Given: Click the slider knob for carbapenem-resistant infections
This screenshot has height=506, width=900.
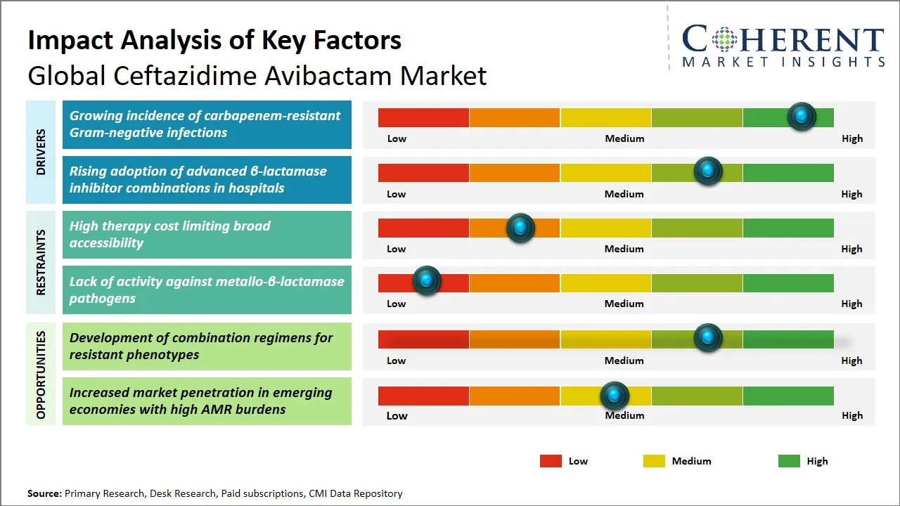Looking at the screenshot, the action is tap(802, 117).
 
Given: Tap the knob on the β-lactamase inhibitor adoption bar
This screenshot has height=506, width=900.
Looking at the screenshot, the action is tap(708, 171).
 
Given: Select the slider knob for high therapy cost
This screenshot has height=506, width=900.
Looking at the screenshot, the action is tap(520, 228).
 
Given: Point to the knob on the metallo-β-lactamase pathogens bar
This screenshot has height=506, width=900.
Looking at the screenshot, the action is tap(427, 280).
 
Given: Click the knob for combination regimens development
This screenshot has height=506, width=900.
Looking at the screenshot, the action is tap(708, 337).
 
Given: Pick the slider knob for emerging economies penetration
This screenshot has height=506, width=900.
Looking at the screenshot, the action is tap(615, 396).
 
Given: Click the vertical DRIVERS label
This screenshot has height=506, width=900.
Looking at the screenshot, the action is tap(41, 152).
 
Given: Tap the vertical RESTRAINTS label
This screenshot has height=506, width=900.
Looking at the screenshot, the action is tap(41, 262).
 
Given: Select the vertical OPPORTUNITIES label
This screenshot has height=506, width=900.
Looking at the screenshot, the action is tap(41, 375).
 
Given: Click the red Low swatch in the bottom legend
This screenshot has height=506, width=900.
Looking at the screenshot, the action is tap(551, 461).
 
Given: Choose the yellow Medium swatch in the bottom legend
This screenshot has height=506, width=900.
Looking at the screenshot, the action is tap(654, 461).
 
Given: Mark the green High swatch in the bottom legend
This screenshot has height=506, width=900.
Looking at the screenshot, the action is tap(789, 461).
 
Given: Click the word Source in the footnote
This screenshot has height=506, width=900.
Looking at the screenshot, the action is tap(44, 493).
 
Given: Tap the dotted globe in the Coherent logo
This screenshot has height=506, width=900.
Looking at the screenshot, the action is tap(724, 39).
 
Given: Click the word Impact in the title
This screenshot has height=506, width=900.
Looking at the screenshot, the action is tap(71, 41).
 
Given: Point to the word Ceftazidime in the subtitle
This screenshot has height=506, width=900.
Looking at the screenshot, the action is tap(185, 75).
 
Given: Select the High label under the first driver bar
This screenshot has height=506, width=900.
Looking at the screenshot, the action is tap(852, 138).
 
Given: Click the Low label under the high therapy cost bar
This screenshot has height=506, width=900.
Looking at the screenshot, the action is tap(396, 249).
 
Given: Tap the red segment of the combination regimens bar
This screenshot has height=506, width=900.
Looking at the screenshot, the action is tap(423, 339).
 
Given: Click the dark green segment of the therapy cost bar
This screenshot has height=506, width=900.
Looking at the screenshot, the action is tap(788, 228).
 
